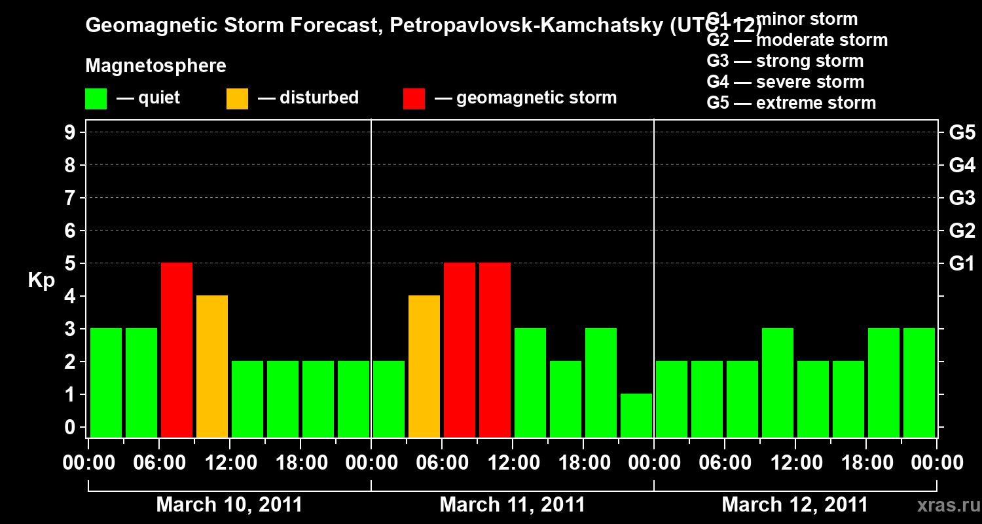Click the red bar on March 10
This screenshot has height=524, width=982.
coord(177,350)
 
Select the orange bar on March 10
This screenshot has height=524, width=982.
coord(212,366)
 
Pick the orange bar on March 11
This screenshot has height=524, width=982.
coord(424,366)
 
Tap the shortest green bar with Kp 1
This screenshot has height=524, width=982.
coord(636,415)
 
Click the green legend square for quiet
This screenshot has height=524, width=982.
coord(96,99)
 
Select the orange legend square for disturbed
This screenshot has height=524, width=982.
coord(238,99)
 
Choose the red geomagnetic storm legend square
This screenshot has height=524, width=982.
coord(414,99)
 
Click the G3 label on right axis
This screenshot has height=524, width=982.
coord(962,198)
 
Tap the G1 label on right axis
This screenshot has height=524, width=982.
coord(962,263)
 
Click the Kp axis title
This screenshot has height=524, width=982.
coord(41,280)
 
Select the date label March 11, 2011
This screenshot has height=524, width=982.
coord(513,505)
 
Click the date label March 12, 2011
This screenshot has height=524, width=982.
coord(795,505)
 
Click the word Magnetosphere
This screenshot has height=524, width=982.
coord(156,66)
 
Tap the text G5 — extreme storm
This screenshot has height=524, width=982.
coord(791,103)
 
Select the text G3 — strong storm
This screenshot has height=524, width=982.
coord(785,61)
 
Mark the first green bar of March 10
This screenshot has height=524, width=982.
coord(106,383)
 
